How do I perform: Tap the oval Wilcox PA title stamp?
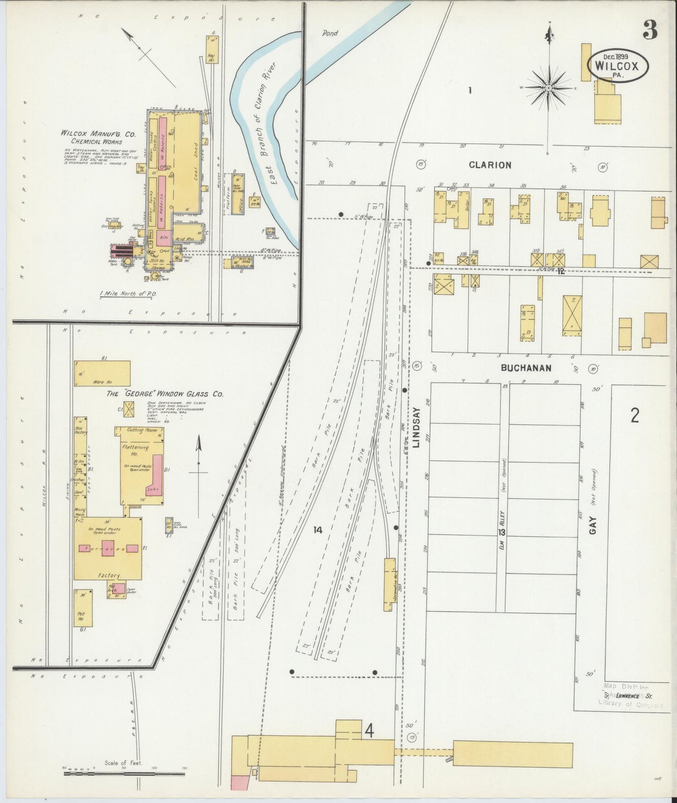click(x=618, y=67)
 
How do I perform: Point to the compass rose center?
click(x=548, y=88)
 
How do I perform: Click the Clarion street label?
click(x=490, y=165)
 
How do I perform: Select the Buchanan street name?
click(x=526, y=368)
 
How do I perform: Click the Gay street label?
click(x=594, y=526)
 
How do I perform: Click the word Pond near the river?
click(x=329, y=33)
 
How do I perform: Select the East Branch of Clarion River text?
click(x=265, y=124)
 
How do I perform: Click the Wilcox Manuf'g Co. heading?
click(x=98, y=134)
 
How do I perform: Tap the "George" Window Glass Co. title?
click(x=165, y=394)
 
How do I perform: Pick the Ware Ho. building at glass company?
click(x=102, y=373)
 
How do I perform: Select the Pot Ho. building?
click(x=83, y=608)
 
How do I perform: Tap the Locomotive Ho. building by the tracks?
click(x=389, y=584)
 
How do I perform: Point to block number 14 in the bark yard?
click(x=318, y=530)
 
